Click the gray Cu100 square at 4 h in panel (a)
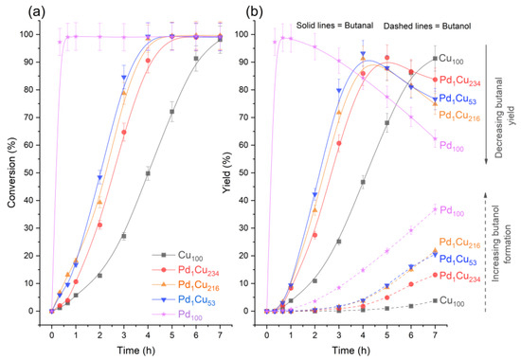(x=148, y=173)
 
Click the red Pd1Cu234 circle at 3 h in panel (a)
(x=124, y=133)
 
